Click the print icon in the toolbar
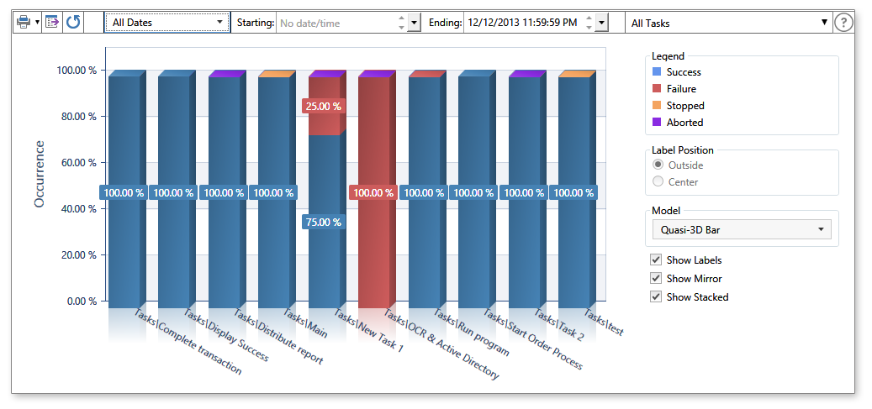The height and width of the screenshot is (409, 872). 24,23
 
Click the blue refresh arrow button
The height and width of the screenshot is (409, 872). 73,23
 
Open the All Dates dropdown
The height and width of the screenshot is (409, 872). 167,23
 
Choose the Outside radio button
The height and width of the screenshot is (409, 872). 658,165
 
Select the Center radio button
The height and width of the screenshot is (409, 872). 658,181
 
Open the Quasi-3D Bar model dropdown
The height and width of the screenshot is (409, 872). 741,230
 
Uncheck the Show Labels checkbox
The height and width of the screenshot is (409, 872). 656,260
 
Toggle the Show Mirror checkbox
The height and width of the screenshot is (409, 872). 656,279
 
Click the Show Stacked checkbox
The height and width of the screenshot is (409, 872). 656,297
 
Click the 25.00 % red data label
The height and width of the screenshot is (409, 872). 323,107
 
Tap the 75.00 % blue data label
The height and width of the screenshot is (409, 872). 323,223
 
